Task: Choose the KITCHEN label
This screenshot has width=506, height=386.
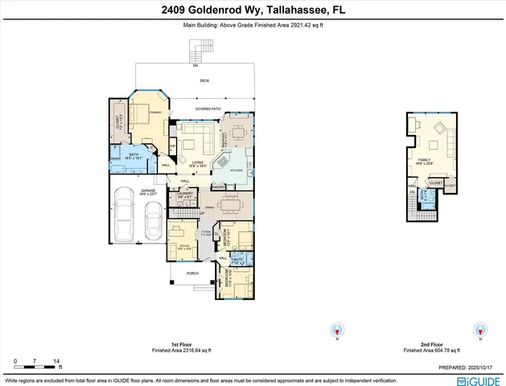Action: (236, 171)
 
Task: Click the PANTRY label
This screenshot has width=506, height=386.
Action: (216, 187)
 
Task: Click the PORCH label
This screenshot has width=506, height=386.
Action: (192, 273)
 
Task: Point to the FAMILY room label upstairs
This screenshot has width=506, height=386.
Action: (424, 160)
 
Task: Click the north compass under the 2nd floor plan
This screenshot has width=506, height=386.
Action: (481, 330)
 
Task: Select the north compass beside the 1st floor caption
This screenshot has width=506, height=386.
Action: (338, 330)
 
